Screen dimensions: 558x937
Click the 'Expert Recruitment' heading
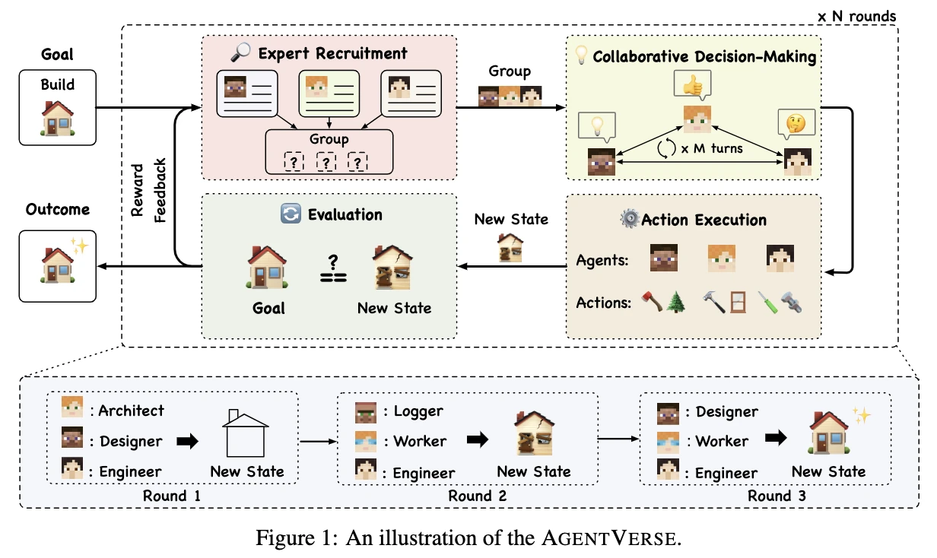pos(332,54)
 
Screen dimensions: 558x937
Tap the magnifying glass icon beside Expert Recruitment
pos(241,54)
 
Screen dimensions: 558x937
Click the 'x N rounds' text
pos(856,15)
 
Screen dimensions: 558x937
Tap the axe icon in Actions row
pos(650,302)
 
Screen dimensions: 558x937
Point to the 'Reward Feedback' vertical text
pos(148,191)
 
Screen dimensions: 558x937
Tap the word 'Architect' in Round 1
pos(131,411)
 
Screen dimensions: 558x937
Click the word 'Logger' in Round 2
pos(418,411)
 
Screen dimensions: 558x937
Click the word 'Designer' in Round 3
pos(726,411)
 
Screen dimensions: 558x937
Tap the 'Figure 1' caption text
pos(467,537)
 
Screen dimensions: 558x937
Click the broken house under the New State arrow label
pos(510,247)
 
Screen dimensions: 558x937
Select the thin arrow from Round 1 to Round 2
pos(318,440)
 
